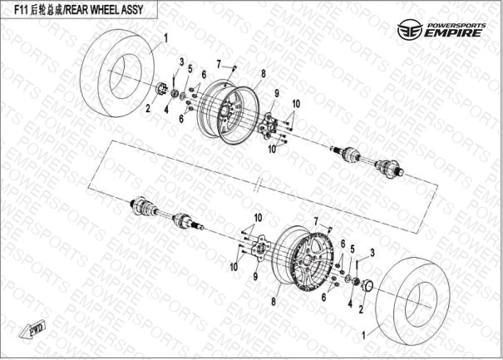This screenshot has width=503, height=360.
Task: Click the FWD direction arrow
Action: point(32,329)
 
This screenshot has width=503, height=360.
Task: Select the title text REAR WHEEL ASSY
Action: point(104,10)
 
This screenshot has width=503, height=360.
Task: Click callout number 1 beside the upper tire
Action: point(165,39)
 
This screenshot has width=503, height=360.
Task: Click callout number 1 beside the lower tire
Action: point(364,336)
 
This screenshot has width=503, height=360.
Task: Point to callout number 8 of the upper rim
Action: point(264,74)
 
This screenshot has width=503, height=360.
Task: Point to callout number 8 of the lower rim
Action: point(274,302)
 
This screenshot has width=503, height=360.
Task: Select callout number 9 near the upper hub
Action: point(277,93)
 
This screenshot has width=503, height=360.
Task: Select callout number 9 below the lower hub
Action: point(255,276)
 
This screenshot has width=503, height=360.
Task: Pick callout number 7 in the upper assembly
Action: point(219,65)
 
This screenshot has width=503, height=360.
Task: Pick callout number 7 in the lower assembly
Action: point(316,221)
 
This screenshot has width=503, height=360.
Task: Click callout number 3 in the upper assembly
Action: point(181,62)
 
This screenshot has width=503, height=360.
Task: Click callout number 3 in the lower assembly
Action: point(372,253)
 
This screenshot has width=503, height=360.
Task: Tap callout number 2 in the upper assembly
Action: point(148,108)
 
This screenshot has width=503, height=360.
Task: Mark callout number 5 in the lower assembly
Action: point(353,249)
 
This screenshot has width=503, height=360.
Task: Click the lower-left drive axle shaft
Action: point(166,214)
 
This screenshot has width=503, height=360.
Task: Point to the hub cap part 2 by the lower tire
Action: point(367,285)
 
